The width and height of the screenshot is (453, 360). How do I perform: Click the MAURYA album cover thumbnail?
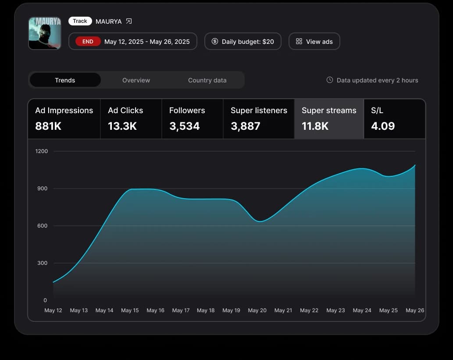click(45, 33)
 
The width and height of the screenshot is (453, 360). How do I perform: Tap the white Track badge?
click(80, 21)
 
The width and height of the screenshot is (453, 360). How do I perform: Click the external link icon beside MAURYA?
click(128, 21)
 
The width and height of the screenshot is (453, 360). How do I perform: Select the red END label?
click(88, 41)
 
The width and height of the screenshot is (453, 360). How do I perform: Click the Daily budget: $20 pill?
click(243, 41)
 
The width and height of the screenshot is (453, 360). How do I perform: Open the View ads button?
click(314, 41)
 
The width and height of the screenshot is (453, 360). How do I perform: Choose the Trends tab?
click(65, 80)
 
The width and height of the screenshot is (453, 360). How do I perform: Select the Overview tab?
click(136, 80)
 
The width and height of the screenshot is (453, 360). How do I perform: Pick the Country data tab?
click(207, 80)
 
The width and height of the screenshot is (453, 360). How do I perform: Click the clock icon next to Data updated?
click(330, 80)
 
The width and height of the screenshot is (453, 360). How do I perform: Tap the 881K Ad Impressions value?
click(48, 126)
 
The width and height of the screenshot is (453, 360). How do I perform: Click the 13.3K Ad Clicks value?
click(122, 126)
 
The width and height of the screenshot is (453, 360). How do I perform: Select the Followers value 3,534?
click(184, 126)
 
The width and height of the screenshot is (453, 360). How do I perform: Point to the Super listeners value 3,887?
click(245, 126)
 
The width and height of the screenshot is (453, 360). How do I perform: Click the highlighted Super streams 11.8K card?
click(329, 119)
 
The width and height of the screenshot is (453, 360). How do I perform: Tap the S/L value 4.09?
click(383, 126)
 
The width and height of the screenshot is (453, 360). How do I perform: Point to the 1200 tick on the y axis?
click(42, 151)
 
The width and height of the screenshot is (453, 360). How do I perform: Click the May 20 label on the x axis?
click(257, 310)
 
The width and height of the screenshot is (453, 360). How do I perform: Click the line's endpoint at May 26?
click(415, 165)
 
